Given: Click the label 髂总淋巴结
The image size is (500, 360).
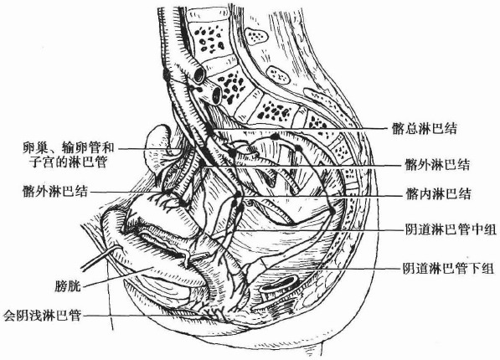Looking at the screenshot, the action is tap(425, 128).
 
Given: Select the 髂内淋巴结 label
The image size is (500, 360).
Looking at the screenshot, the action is tap(438, 194).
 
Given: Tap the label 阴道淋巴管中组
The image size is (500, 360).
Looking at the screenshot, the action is tap(451, 229).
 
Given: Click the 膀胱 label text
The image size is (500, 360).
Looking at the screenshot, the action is tap(67, 285).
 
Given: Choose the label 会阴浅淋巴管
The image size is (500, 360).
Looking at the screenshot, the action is tap(42, 316).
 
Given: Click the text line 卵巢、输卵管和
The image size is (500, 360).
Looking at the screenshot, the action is tap(68, 147).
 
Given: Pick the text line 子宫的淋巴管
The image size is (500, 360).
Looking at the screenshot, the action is tap(68, 162).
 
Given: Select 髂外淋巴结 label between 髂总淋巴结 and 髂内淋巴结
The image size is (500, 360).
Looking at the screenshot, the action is tap(437, 165).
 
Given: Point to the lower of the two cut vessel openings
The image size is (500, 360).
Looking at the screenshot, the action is tap(217, 95).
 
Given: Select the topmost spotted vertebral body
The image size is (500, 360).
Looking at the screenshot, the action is tap(209, 39).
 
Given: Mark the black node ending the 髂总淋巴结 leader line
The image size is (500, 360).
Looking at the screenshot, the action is tap(209, 129).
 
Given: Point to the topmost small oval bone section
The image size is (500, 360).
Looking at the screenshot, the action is tap(255, 34).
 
